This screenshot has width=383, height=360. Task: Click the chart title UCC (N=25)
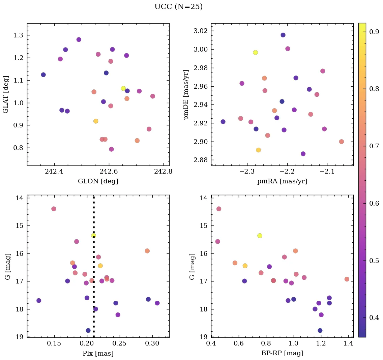[x=178, y=7]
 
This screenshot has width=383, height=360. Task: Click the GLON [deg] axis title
[x=98, y=181]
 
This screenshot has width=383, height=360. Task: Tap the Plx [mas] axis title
[x=98, y=353]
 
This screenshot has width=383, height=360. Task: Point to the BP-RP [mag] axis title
[x=282, y=353]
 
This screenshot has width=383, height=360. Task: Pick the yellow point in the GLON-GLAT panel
[x=123, y=88]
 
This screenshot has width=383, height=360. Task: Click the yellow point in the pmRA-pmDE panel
[x=255, y=52]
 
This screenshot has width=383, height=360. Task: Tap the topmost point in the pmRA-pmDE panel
[x=283, y=35]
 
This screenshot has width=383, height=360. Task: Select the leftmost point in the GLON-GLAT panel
[x=43, y=75]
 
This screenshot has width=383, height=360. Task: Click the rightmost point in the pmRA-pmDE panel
[x=341, y=142]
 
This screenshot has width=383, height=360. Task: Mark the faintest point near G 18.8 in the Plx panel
[x=88, y=330]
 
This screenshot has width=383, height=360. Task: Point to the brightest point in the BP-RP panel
[x=218, y=209]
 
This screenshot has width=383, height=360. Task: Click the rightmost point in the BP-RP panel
[x=347, y=279]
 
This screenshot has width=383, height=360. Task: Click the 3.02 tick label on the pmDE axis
[x=201, y=31]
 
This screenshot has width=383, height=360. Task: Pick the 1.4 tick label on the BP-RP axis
[x=349, y=343]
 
